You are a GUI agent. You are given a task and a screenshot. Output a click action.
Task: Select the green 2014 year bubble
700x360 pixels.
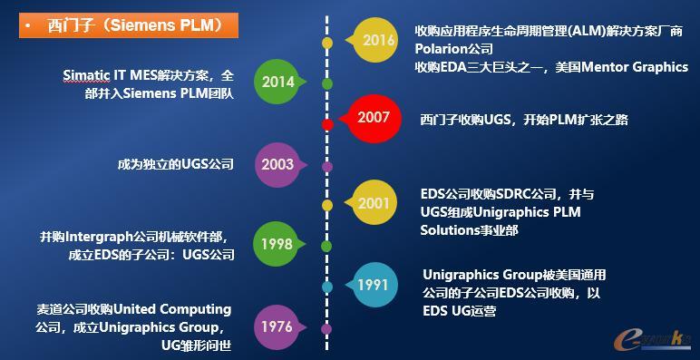(x=277, y=83)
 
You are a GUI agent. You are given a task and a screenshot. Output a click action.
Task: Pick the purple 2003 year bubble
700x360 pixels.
(x=277, y=165)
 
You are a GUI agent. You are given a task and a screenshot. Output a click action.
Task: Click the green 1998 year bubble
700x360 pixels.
(x=277, y=245)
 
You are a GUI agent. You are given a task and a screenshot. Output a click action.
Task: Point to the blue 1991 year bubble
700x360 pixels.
(x=373, y=284)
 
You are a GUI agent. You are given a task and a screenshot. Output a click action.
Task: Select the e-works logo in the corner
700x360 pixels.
(x=650, y=338)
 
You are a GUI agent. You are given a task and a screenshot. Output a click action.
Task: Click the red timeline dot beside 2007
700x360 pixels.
(x=327, y=124)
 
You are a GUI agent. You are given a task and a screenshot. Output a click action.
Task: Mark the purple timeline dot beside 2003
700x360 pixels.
(x=327, y=166)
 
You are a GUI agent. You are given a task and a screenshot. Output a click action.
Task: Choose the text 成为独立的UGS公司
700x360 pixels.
(x=175, y=165)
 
